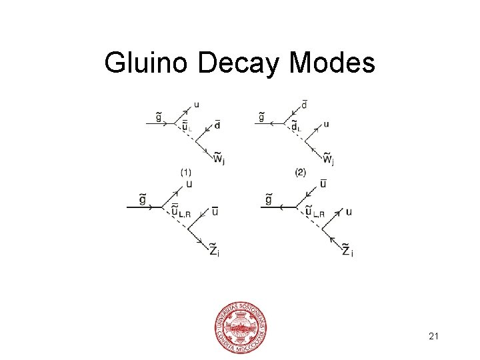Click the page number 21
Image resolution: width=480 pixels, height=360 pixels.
433,337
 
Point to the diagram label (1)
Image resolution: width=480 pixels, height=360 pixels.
187,172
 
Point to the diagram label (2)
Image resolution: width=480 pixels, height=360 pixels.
300,172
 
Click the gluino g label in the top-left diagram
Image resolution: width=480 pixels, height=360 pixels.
158,117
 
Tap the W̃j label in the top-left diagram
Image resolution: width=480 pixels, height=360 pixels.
218,159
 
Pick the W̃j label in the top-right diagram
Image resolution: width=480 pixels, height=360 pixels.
328,159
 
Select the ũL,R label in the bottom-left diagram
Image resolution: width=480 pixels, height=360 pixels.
180,212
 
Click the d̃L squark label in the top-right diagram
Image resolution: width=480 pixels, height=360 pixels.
295,127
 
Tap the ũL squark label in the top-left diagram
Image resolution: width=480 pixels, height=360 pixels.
187,127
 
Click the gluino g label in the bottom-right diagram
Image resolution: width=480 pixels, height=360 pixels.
268,199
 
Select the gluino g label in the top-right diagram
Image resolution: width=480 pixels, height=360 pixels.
262,117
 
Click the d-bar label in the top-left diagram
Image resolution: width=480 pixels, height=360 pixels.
217,125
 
